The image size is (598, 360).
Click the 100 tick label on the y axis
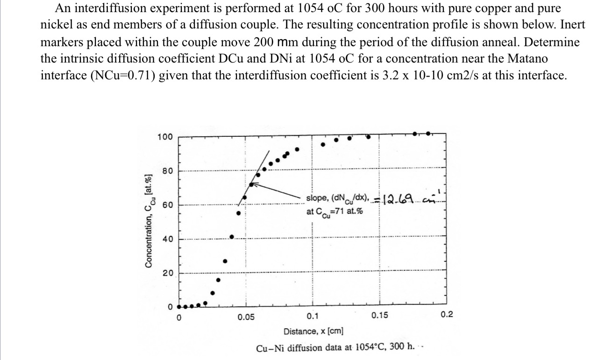(x=164, y=137)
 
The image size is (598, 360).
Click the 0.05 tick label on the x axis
(x=246, y=317)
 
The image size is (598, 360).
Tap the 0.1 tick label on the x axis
(x=313, y=317)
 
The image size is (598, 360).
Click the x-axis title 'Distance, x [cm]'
(x=313, y=332)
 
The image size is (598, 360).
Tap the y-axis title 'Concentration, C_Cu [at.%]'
(x=149, y=219)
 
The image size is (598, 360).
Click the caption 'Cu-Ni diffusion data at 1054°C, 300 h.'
(x=336, y=348)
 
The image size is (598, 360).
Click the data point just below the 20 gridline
(x=218, y=280)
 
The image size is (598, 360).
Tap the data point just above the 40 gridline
(x=232, y=237)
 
